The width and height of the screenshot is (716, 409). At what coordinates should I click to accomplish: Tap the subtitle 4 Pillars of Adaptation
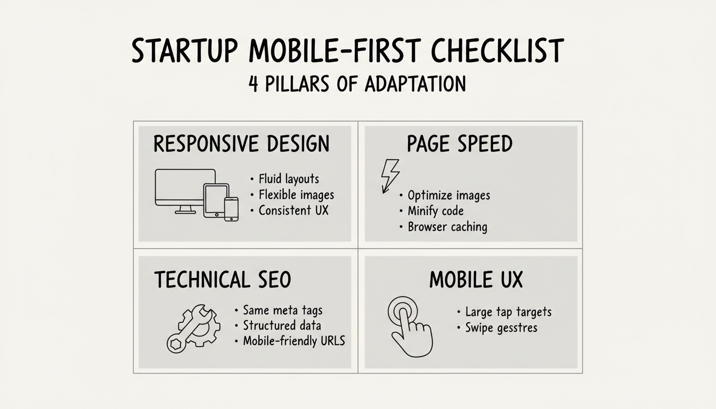(357, 84)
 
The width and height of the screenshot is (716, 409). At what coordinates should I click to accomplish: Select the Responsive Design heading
(241, 144)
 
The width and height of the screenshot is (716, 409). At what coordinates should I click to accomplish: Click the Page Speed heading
(459, 144)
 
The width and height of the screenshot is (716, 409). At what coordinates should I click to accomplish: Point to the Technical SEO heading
(223, 280)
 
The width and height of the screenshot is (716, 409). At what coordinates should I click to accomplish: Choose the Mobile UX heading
(476, 280)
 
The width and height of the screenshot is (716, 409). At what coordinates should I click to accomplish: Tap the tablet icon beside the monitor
(216, 200)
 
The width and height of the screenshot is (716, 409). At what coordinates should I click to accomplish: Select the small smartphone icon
(231, 209)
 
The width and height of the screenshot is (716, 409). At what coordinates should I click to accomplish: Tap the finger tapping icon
(409, 325)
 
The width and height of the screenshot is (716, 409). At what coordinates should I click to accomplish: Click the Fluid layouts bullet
(288, 179)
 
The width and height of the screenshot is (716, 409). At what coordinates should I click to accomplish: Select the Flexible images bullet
(296, 195)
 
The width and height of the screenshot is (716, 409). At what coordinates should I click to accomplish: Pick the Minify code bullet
(435, 211)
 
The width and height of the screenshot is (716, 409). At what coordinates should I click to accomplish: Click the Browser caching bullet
(446, 227)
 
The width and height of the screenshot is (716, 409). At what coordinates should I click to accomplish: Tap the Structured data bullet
(281, 325)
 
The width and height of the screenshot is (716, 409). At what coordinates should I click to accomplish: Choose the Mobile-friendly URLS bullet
(293, 341)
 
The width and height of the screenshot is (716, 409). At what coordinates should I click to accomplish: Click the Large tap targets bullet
(508, 312)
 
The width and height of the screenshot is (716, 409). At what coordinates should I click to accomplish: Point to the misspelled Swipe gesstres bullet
(500, 328)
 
